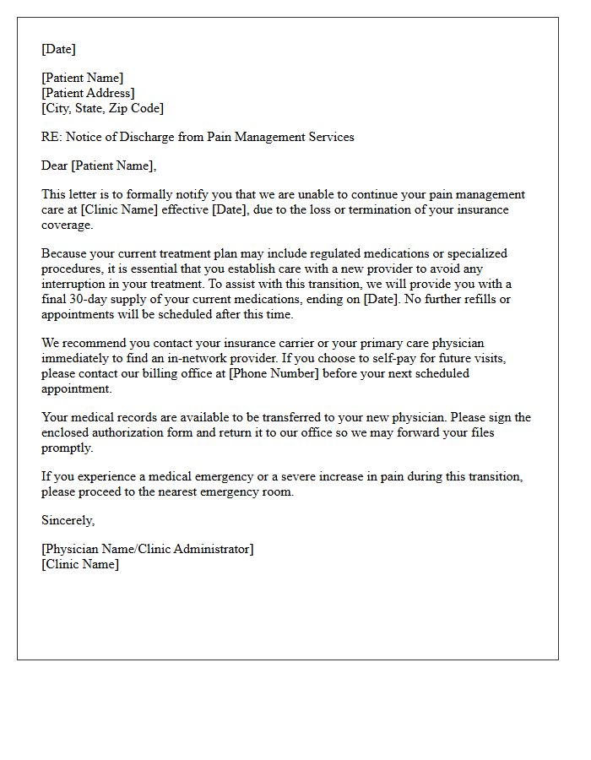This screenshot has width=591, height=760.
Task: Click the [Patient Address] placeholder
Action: [x=88, y=93]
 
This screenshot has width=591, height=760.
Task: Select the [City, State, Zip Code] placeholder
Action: [x=102, y=108]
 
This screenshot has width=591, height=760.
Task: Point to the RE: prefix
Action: [x=52, y=137]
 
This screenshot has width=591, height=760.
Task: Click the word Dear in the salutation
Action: [x=55, y=166]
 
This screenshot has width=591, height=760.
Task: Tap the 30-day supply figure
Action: [x=97, y=299]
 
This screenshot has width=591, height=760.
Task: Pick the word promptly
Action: [x=67, y=448]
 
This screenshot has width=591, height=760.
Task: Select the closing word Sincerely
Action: [x=68, y=520]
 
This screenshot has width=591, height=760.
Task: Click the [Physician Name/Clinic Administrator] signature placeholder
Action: [x=147, y=549]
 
